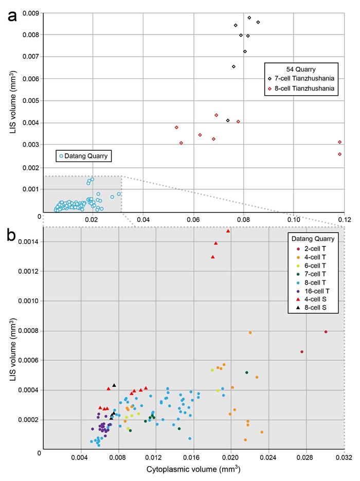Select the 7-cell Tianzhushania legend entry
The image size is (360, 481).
pyautogui.click(x=303, y=79)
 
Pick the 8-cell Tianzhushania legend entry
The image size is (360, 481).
pyautogui.click(x=303, y=88)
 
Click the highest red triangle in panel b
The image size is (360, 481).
pyautogui.click(x=228, y=231)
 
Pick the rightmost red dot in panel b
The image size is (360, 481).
pyautogui.click(x=326, y=332)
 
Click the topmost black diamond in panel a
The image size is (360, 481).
pyautogui.click(x=249, y=17)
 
